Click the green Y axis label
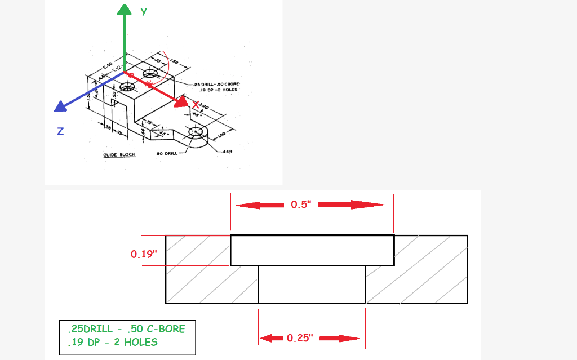(144, 11)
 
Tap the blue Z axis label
(60, 131)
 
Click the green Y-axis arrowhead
(124, 9)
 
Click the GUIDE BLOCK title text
(119, 154)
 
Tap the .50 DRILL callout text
(166, 153)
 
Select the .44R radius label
(228, 152)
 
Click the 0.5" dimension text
(301, 205)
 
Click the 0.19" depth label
(143, 254)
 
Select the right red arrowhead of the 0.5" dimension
(372, 205)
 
